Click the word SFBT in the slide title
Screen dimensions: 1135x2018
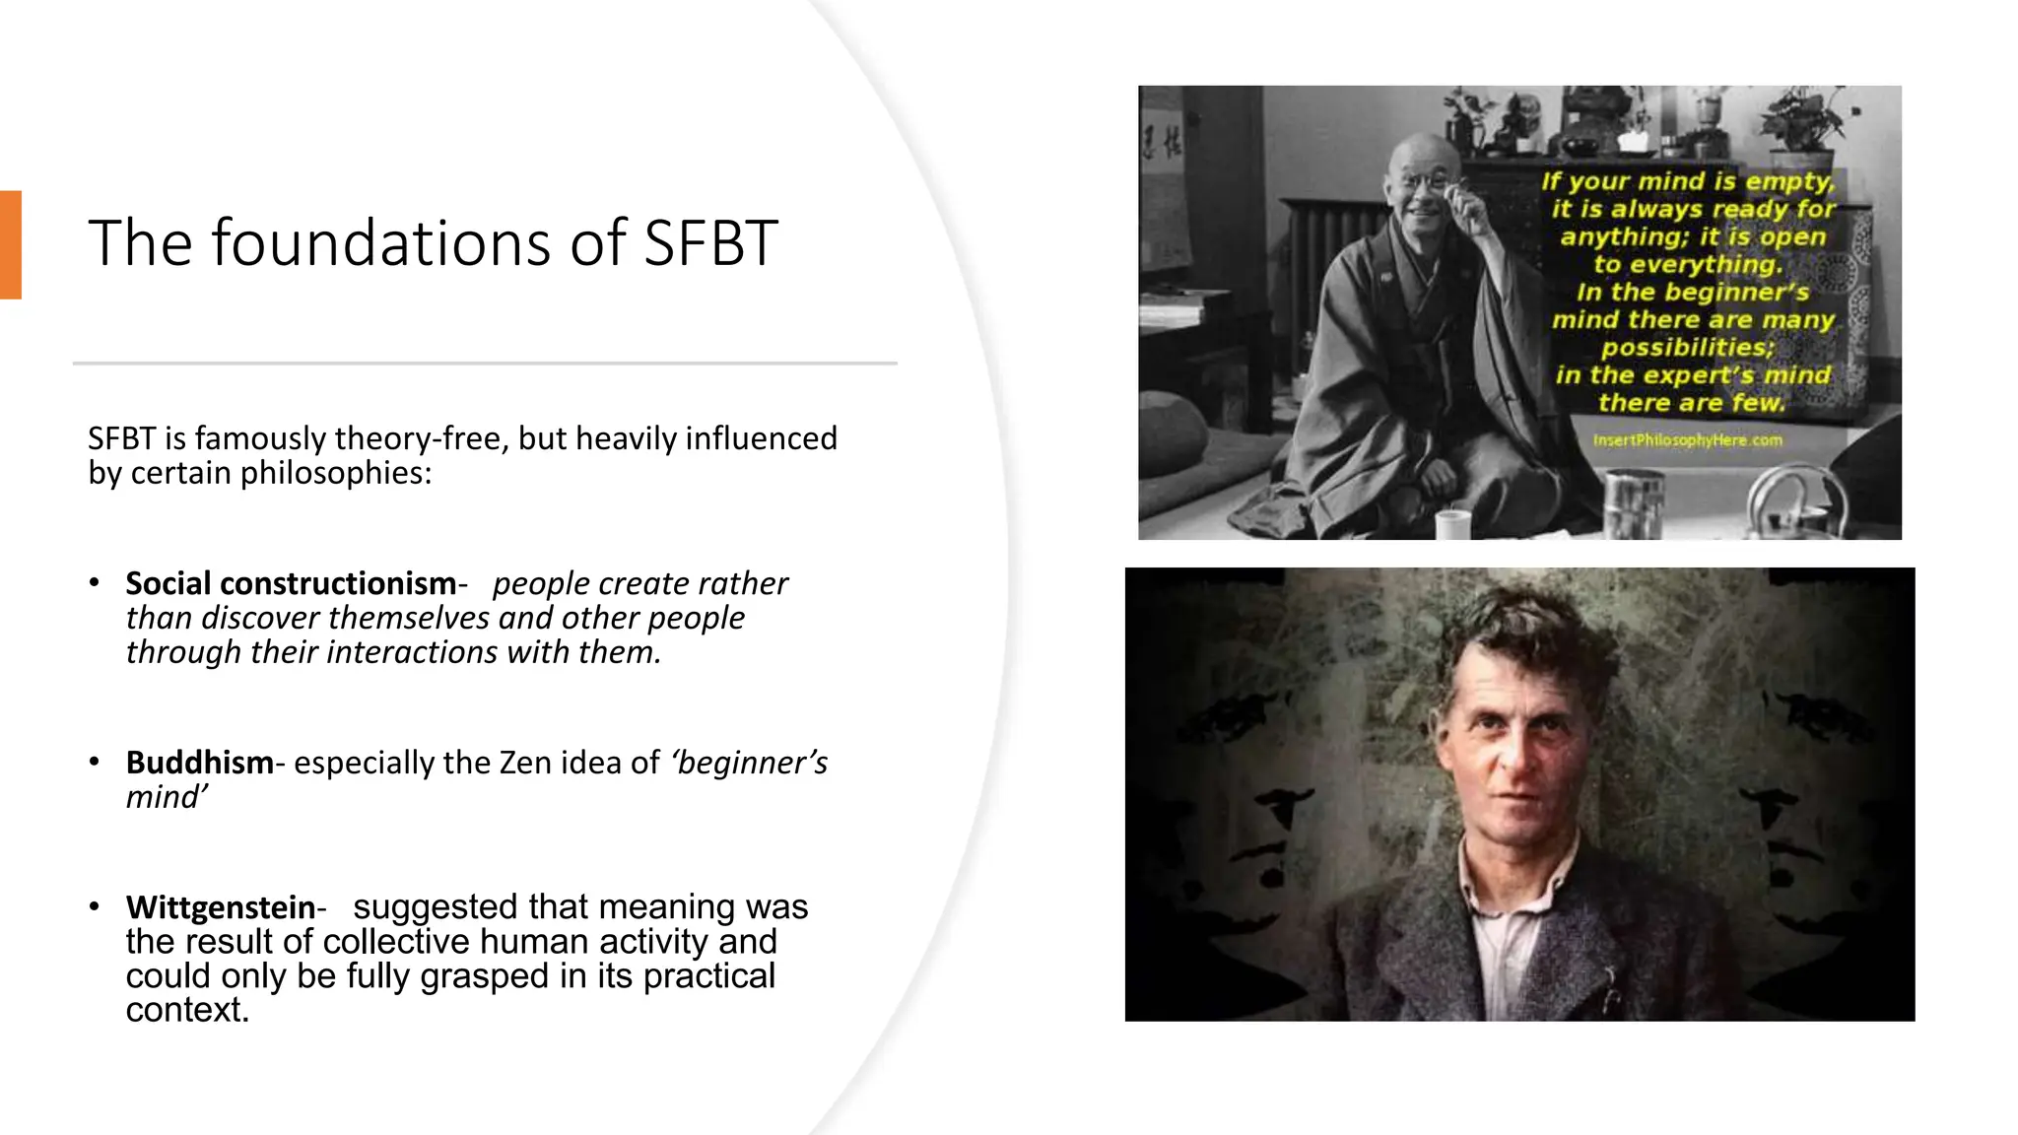point(710,243)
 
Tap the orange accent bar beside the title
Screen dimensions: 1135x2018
point(10,244)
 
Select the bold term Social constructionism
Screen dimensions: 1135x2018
point(291,583)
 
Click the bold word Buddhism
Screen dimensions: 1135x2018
point(199,763)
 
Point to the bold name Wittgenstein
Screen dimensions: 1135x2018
point(221,907)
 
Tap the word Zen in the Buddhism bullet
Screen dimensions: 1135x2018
point(526,763)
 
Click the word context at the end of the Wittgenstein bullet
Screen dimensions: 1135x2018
point(185,1010)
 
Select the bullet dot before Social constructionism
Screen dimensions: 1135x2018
point(95,582)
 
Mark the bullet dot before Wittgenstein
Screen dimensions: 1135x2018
point(95,906)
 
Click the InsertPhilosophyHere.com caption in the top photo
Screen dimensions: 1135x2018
point(1688,439)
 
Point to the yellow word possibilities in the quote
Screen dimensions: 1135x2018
point(1687,347)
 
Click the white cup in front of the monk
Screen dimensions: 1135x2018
point(1452,523)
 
